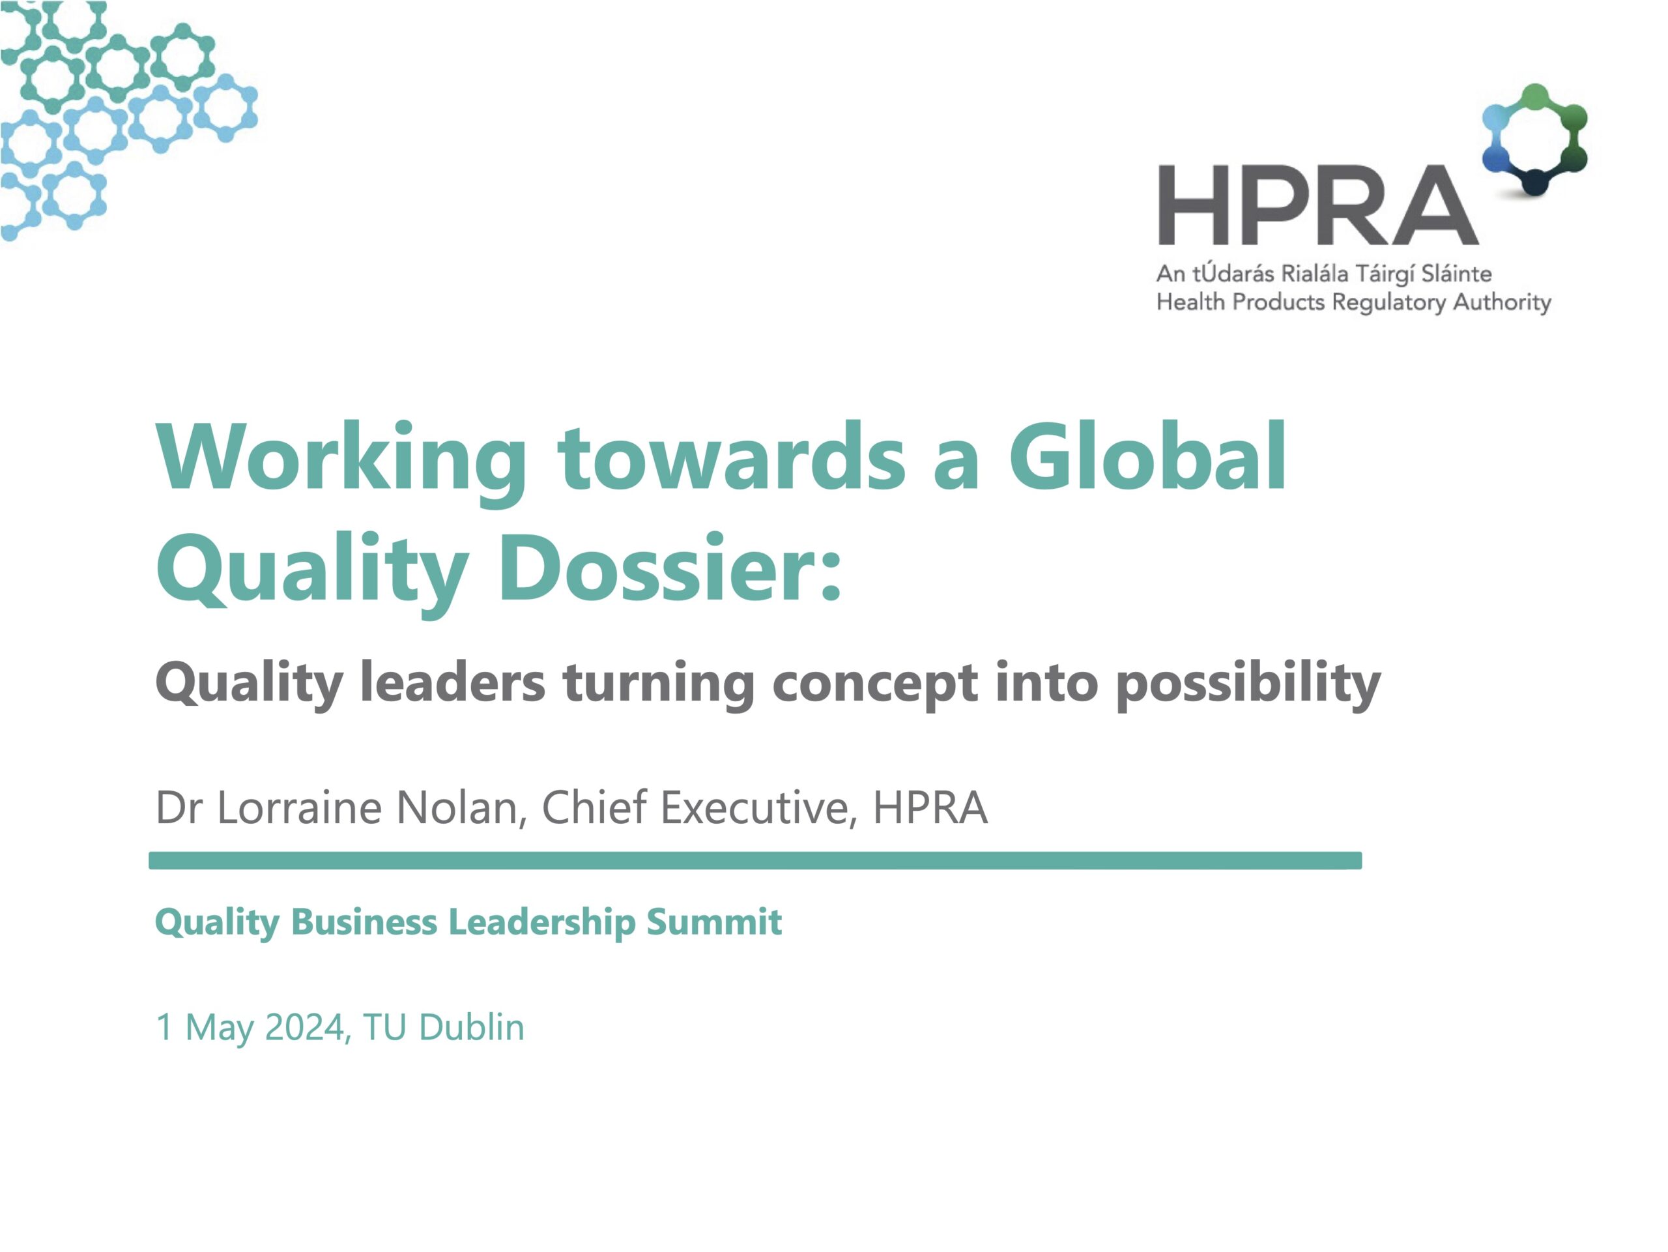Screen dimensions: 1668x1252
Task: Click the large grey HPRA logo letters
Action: (1318, 205)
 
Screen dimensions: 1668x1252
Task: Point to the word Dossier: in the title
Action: (670, 567)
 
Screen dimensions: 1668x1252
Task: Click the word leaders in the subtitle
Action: (452, 682)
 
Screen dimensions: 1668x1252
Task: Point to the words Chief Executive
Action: (699, 808)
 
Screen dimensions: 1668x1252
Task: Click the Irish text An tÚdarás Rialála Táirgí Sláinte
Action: (1324, 274)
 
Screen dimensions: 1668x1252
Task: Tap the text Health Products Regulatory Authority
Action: (1353, 302)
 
